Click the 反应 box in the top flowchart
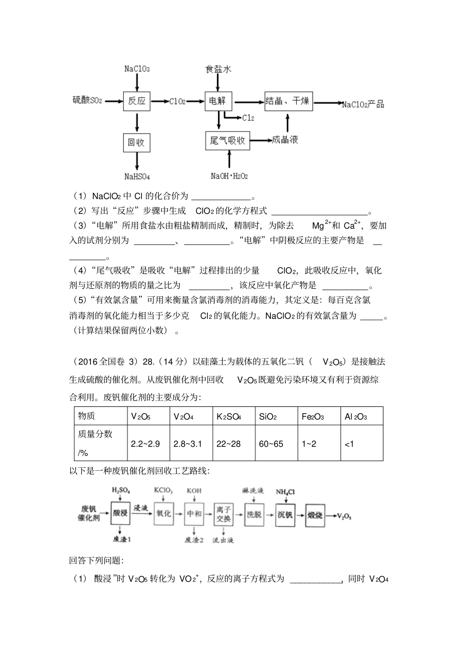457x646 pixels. [137, 101]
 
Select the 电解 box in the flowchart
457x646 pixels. [218, 101]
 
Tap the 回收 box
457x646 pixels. [137, 142]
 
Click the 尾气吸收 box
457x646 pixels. [228, 140]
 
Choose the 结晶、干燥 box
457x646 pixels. [289, 101]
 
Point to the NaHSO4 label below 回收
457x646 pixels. [137, 176]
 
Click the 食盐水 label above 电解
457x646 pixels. [218, 69]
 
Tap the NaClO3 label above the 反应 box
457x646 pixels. [137, 69]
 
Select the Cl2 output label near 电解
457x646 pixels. [248, 118]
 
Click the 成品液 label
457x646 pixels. [285, 140]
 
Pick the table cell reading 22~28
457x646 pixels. [228, 443]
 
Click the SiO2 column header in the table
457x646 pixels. [268, 416]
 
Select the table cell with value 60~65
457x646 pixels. [271, 443]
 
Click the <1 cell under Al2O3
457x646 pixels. [349, 444]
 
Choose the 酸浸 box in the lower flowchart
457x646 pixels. [120, 513]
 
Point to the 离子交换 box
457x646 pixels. [224, 513]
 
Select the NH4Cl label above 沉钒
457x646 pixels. [285, 492]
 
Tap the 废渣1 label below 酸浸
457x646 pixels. [121, 539]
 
